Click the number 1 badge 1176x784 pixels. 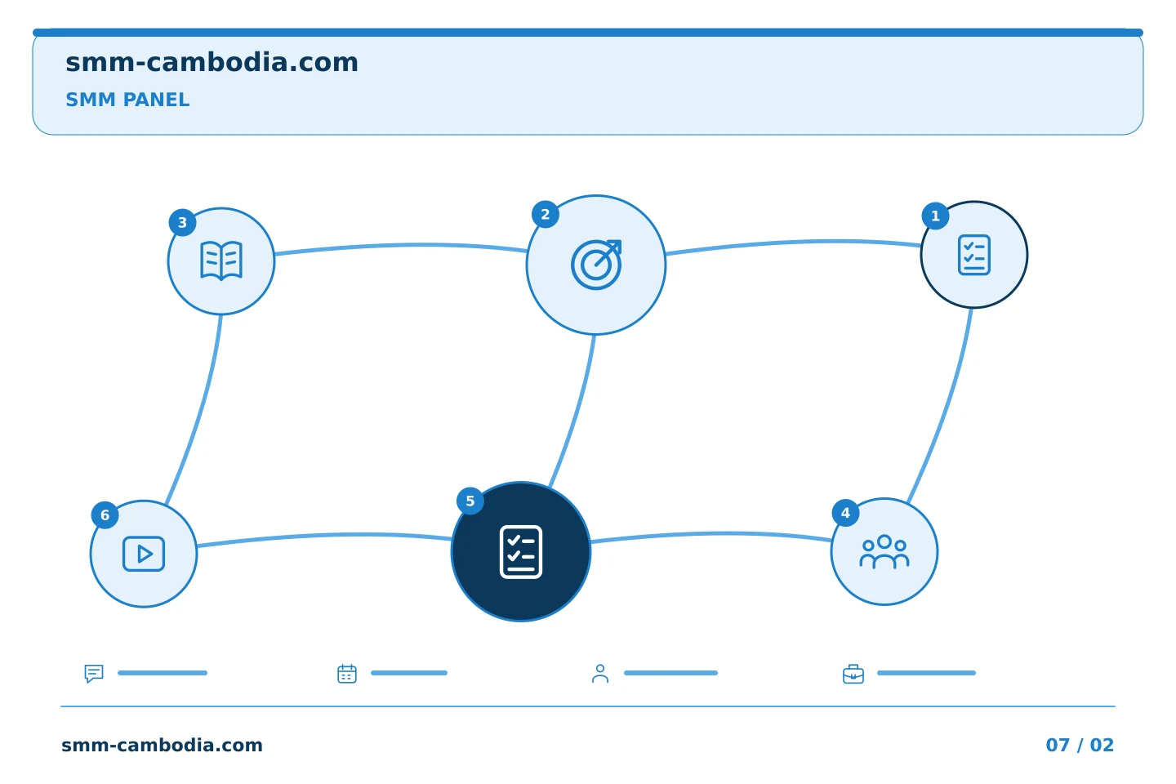click(935, 216)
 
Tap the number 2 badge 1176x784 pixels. click(545, 214)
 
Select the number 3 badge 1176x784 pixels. click(182, 223)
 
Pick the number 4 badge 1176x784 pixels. click(845, 513)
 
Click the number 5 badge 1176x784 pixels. click(470, 501)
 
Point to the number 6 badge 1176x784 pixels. click(105, 515)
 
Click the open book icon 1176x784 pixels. click(221, 261)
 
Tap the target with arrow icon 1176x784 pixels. click(596, 265)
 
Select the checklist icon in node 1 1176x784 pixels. click(973, 255)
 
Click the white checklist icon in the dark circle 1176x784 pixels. click(521, 552)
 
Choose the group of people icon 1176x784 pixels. click(884, 552)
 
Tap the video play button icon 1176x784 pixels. click(144, 554)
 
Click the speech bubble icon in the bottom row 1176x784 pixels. click(94, 673)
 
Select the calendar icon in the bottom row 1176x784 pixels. click(347, 674)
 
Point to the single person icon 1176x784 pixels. click(600, 674)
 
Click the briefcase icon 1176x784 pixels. click(853, 675)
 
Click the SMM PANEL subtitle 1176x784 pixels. click(127, 100)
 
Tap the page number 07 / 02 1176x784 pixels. click(1080, 745)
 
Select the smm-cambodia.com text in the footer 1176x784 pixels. click(162, 745)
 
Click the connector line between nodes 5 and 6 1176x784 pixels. click(324, 537)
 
